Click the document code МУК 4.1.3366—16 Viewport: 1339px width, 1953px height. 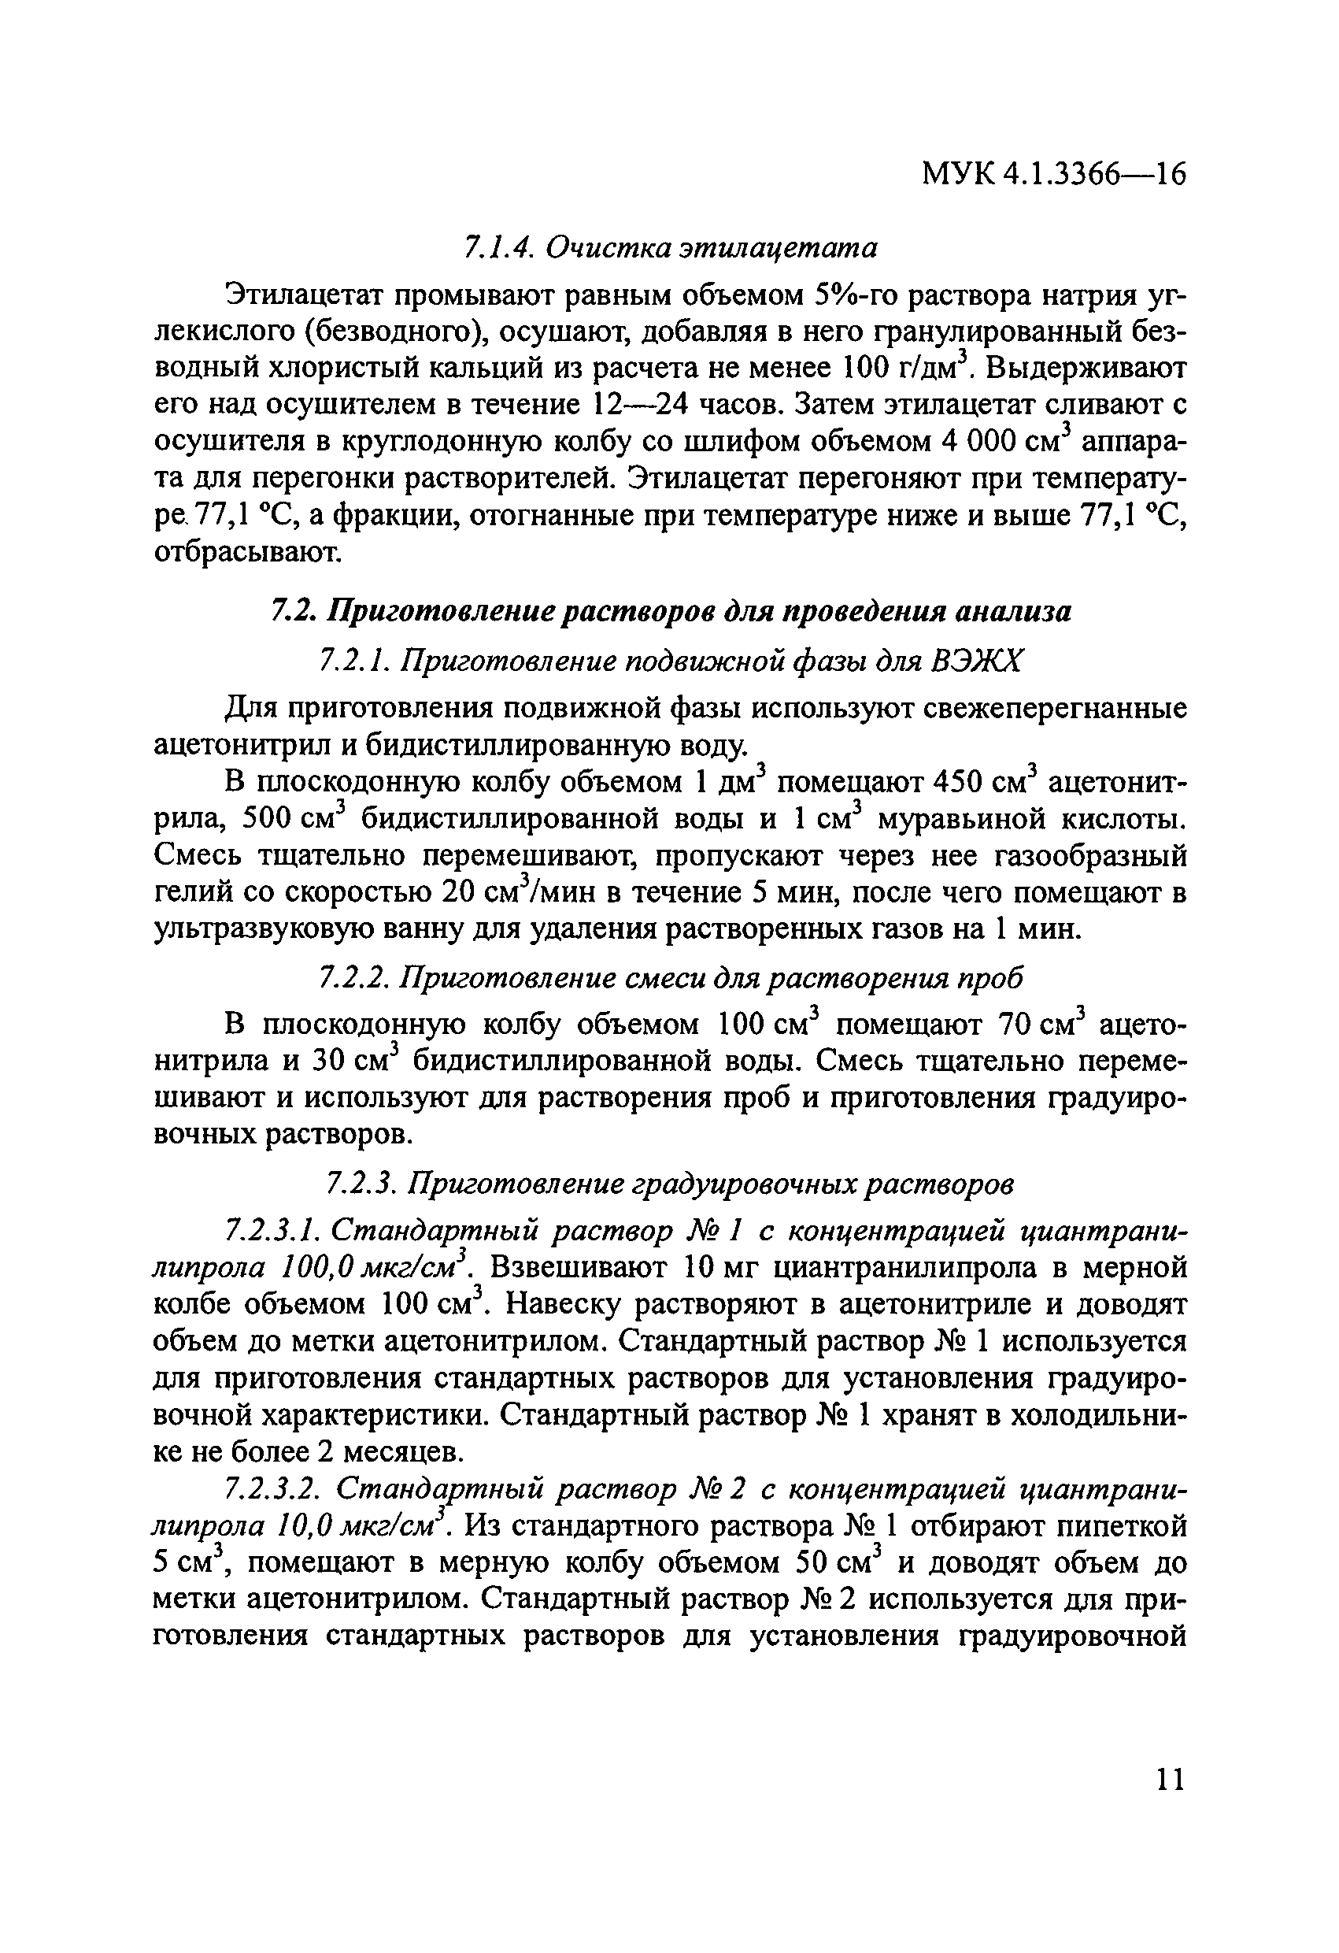[x=1053, y=175]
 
